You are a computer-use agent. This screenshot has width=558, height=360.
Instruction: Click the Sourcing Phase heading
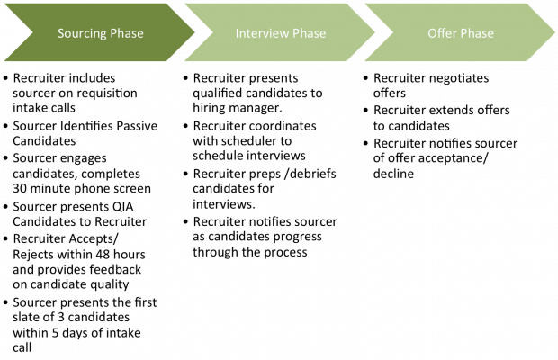pos(101,33)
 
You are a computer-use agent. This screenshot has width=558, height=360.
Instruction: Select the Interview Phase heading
pos(281,33)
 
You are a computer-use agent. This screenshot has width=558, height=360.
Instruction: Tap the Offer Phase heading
pos(461,33)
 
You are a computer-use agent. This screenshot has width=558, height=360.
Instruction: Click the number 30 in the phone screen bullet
pos(20,188)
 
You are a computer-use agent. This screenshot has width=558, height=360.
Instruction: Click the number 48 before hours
pos(104,255)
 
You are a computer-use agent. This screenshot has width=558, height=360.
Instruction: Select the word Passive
pos(137,126)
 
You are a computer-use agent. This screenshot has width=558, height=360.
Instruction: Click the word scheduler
pos(254,141)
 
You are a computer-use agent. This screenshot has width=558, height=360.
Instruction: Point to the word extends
pos(451,111)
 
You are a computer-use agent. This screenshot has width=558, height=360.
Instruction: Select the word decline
pos(393,174)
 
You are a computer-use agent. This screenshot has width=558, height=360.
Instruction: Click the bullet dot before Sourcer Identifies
pos(5,126)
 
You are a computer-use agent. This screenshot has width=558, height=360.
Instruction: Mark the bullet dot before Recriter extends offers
pos(365,111)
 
